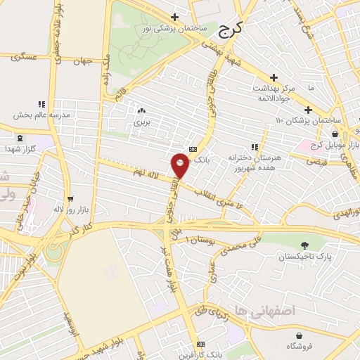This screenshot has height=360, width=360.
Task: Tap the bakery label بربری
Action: click(143, 122)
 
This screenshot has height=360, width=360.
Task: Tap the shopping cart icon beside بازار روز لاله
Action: click(69, 198)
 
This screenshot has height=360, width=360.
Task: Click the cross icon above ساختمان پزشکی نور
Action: click(174, 17)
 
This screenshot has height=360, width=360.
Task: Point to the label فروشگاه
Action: click(299, 346)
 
